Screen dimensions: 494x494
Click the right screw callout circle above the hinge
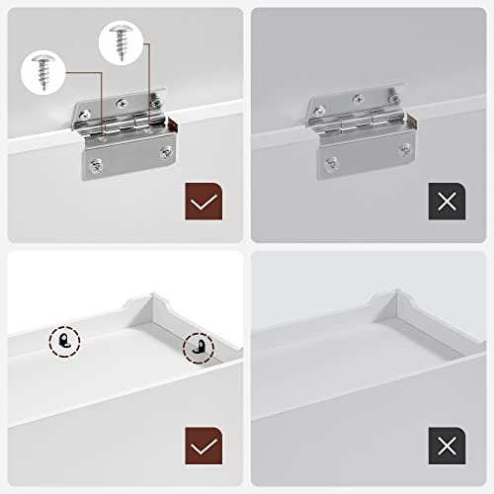tap(122, 43)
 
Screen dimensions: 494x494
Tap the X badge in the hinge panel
tap(448, 202)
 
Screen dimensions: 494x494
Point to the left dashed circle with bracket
tap(64, 341)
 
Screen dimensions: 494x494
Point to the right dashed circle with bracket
tap(198, 347)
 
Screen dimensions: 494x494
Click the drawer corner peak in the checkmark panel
tap(154, 292)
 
